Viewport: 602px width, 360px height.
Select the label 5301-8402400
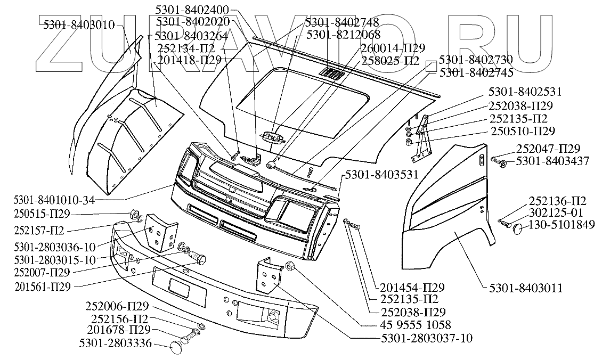(x=193, y=10)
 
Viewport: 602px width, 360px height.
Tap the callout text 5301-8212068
(x=344, y=35)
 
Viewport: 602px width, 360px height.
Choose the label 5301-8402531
(x=525, y=92)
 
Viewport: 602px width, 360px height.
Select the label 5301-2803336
(x=116, y=344)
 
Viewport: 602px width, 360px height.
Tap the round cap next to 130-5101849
(x=519, y=229)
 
